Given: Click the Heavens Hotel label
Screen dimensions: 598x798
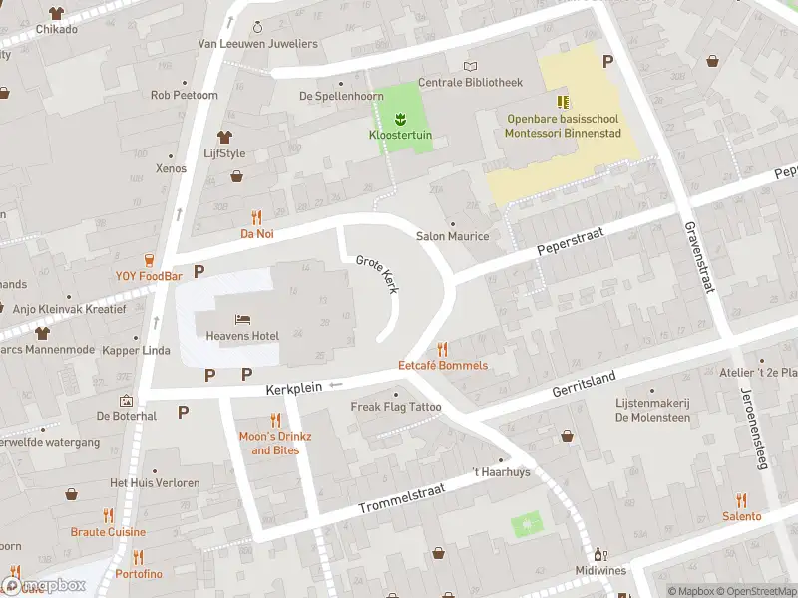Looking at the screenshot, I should coord(242,336).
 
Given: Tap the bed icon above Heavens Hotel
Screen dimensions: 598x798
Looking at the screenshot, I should coord(242,319).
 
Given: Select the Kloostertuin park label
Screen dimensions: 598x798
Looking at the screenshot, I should coord(400,134).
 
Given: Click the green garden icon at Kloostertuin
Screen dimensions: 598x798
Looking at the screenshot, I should coord(400,119).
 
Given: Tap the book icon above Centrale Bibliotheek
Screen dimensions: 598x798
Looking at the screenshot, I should coord(470,66).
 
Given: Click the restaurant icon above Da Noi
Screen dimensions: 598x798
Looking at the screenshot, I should coord(256,217).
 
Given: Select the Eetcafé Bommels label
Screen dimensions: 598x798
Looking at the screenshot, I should coord(443,366).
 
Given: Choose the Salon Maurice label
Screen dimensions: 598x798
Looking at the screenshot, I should coord(452,236).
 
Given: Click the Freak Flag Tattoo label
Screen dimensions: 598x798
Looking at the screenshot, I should coord(396,407).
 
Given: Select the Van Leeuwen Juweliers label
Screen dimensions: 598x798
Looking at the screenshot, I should coord(257,44).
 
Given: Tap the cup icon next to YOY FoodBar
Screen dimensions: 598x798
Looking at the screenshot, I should coord(149,259).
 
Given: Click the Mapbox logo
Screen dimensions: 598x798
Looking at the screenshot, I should coord(43,585).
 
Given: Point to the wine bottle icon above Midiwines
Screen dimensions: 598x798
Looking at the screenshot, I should coord(599,554).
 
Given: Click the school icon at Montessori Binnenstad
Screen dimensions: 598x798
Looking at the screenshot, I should coord(563,102).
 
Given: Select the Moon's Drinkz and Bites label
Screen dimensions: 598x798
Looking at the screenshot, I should coord(274,444).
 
